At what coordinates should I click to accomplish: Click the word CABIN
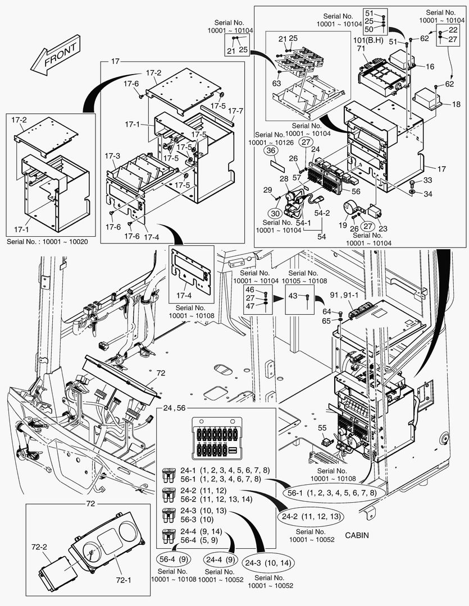coord(357,535)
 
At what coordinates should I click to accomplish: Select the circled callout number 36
coord(271,150)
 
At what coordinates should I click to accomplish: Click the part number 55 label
coord(322,428)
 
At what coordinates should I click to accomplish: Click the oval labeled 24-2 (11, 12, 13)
coord(309,516)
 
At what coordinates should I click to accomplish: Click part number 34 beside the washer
coord(429,194)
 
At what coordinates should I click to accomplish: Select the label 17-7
coord(236,111)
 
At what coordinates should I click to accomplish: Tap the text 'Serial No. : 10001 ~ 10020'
coord(47,242)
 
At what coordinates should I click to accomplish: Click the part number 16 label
coord(430,66)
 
